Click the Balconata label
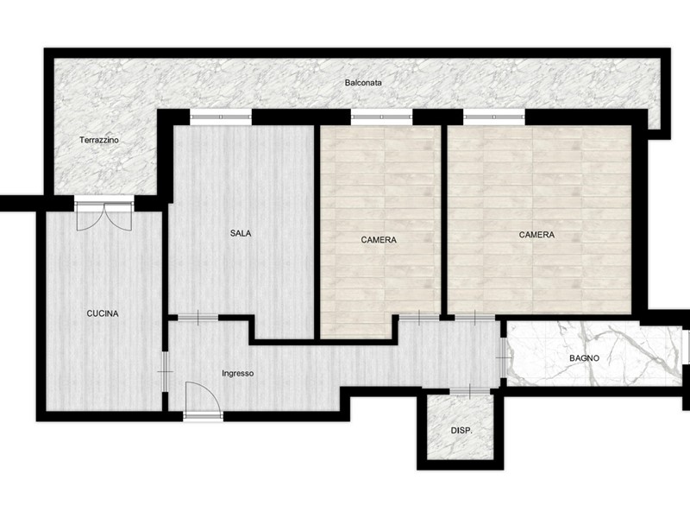point(363,82)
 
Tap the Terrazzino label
point(99,140)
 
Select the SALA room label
point(241,233)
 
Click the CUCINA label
point(103,313)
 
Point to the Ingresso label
point(238,374)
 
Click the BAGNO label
point(585,358)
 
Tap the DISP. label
point(461,431)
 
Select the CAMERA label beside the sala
point(379,240)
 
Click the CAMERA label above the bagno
point(536,235)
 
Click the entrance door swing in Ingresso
point(203,399)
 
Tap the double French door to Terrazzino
point(104,213)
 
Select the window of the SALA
point(221,117)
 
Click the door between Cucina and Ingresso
point(166,371)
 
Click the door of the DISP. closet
point(470,391)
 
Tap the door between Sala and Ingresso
point(198,318)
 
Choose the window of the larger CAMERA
point(494,117)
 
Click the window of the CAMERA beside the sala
point(382,117)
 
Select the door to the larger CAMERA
point(475,317)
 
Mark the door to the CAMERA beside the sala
point(419,317)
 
